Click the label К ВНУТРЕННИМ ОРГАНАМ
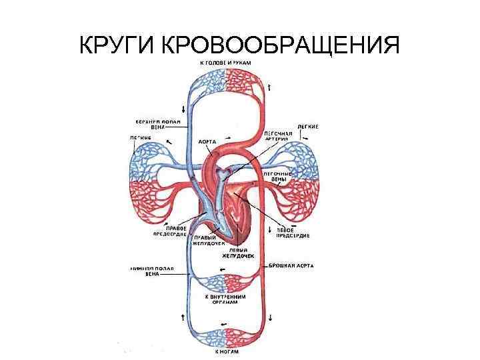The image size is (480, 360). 227,299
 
